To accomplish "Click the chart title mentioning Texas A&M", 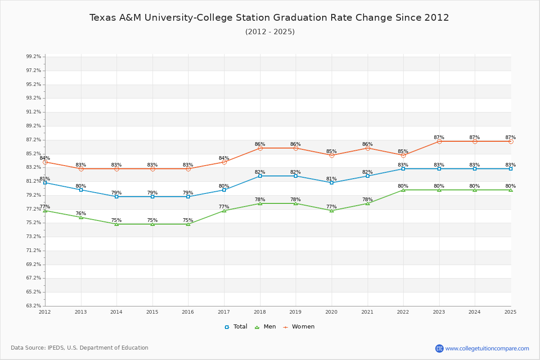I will click(x=269, y=18).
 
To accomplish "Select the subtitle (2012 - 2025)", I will click(x=270, y=31).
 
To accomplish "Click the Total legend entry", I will click(x=236, y=327).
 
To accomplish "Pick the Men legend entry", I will click(x=266, y=327).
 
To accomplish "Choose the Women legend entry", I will click(x=299, y=327).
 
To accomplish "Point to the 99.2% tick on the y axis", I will click(x=34, y=57).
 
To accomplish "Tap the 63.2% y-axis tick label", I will click(x=34, y=306).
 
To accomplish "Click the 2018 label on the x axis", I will click(x=260, y=312).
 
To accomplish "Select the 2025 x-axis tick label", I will click(x=510, y=312).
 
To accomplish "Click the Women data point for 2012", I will click(x=45, y=162).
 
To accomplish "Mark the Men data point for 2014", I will click(x=117, y=224).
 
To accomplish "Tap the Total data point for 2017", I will click(x=224, y=190).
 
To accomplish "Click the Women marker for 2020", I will click(x=332, y=155).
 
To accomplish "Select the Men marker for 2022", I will click(x=403, y=190).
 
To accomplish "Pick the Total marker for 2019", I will click(x=296, y=176).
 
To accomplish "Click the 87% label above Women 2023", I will click(x=439, y=137).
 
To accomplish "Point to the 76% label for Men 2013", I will click(x=81, y=214).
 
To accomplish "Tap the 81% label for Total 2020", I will click(x=331, y=179).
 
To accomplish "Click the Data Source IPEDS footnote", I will click(x=80, y=348).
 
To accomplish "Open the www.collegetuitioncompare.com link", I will click(x=487, y=348).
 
